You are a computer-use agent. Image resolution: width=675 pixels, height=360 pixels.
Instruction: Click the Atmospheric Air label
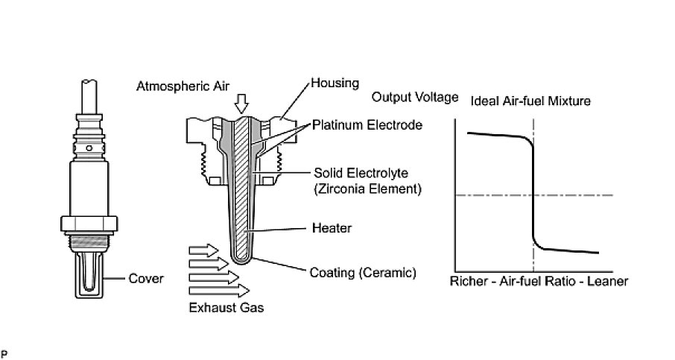click(x=183, y=86)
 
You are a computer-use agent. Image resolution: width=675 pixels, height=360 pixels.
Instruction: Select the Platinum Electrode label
click(x=367, y=125)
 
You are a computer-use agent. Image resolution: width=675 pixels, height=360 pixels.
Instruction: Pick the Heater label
click(x=331, y=228)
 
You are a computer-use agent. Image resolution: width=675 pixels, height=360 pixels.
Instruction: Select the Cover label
click(x=146, y=279)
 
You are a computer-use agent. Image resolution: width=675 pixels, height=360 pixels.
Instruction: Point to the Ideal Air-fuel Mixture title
click(x=530, y=99)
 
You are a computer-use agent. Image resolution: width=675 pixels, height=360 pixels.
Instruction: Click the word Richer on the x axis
click(x=469, y=282)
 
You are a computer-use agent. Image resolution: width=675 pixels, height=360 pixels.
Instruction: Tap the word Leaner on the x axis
click(x=608, y=282)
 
